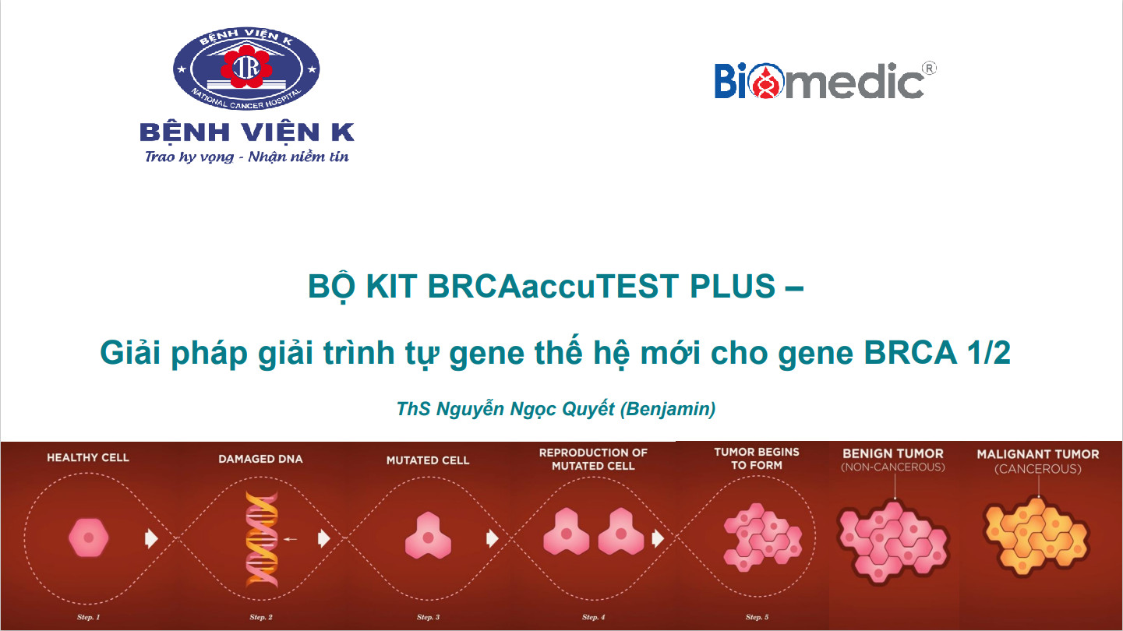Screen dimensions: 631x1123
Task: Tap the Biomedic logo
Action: tap(819, 81)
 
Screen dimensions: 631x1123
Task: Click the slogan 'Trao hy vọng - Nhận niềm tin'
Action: tap(246, 157)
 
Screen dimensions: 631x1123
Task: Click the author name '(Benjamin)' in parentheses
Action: tap(667, 408)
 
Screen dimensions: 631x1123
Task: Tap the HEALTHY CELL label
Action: tap(88, 457)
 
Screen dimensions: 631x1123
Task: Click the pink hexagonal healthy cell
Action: tap(89, 538)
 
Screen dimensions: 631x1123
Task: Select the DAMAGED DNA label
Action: tap(260, 460)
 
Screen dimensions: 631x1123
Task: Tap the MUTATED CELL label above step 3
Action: tap(428, 460)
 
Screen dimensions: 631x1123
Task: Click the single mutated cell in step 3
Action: tap(428, 535)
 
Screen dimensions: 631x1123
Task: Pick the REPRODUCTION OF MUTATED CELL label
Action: tap(593, 459)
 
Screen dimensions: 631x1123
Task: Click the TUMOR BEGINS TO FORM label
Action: tap(756, 458)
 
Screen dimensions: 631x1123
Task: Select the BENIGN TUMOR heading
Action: tap(892, 453)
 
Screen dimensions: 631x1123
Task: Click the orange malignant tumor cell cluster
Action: tap(1035, 532)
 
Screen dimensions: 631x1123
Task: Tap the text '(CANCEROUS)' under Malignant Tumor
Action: tap(1038, 469)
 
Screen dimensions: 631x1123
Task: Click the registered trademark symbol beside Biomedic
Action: tap(929, 69)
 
